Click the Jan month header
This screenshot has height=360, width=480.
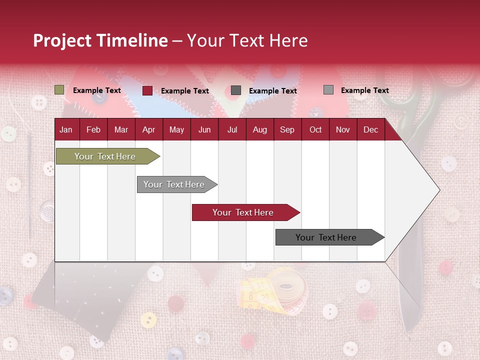[x=66, y=129]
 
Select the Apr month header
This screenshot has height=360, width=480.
[x=148, y=129]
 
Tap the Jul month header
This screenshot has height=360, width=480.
[x=232, y=129]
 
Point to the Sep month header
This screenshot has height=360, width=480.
[x=287, y=129]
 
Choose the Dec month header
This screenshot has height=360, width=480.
[x=370, y=129]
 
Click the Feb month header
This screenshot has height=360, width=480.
[x=93, y=129]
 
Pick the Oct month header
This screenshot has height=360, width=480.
[x=315, y=129]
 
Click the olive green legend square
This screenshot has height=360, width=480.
[x=59, y=90]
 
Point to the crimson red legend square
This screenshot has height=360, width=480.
[x=147, y=90]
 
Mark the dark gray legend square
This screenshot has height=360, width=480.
[x=236, y=90]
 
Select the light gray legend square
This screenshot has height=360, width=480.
[x=328, y=90]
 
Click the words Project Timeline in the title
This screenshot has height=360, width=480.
[x=100, y=40]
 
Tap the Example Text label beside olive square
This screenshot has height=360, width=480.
[x=97, y=90]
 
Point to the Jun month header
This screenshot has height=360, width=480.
[x=204, y=129]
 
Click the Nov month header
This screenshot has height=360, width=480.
[x=343, y=129]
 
